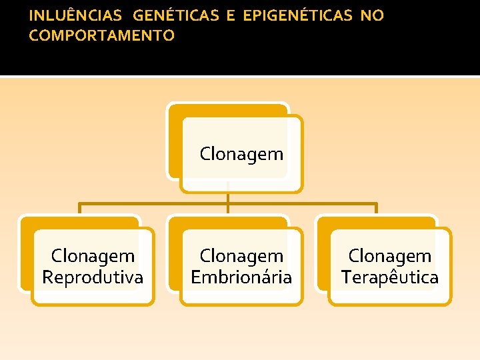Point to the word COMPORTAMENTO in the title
click(x=101, y=35)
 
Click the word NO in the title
click(x=372, y=16)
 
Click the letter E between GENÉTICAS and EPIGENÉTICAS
click(x=231, y=16)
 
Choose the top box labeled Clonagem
click(x=241, y=154)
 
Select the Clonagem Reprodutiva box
click(x=93, y=266)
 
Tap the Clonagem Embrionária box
click(x=241, y=266)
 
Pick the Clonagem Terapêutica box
click(x=390, y=266)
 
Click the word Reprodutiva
click(x=93, y=277)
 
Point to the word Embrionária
click(x=241, y=277)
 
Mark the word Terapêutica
click(x=390, y=277)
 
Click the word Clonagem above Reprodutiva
click(x=93, y=255)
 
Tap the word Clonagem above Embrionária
click(x=241, y=255)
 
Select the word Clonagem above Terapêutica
click(x=390, y=255)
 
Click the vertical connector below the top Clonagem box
click(x=228, y=197)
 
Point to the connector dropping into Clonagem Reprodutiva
click(x=79, y=208)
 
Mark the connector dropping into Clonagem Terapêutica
click(x=377, y=208)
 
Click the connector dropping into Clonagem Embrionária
click(x=228, y=209)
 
